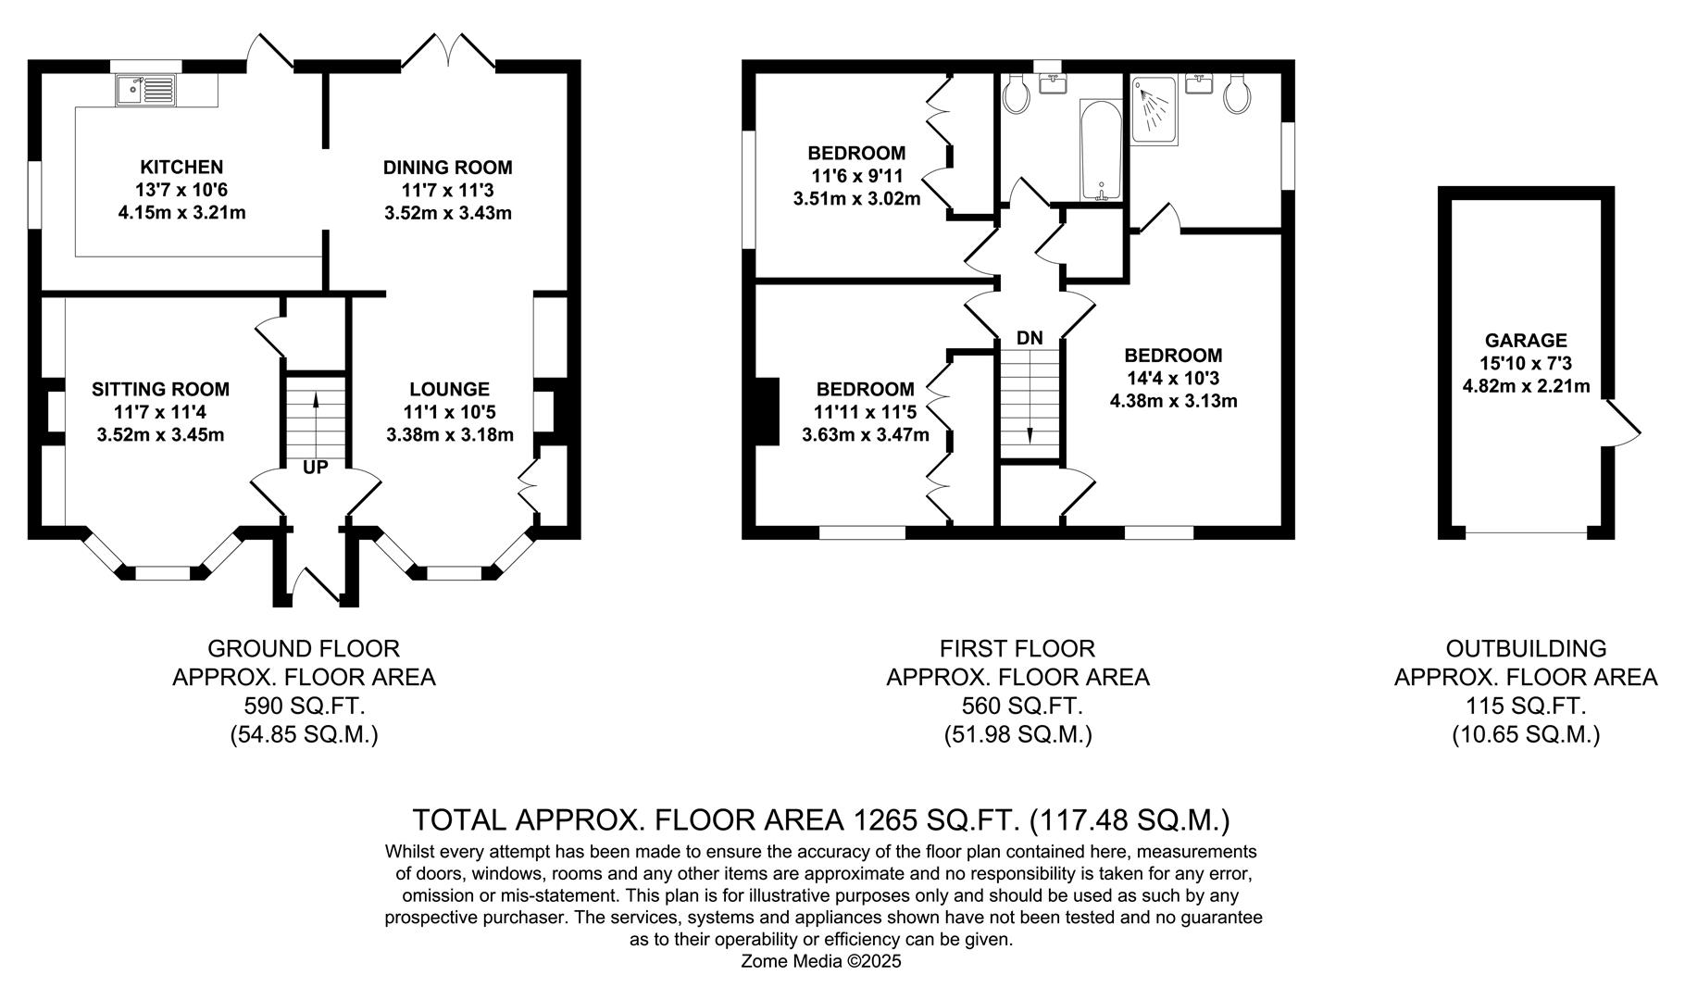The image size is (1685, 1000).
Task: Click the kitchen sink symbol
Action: click(146, 91)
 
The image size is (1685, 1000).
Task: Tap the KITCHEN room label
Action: click(181, 168)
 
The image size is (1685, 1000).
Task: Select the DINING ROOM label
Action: click(448, 168)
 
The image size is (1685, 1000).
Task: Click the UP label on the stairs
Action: click(316, 468)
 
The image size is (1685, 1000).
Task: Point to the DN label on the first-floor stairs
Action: click(1030, 339)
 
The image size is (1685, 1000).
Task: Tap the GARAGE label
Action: click(1526, 341)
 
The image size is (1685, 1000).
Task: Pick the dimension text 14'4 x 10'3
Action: click(1174, 378)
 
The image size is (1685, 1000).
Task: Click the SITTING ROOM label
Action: click(160, 390)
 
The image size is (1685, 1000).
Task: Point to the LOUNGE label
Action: click(450, 390)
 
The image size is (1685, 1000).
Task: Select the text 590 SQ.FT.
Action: click(305, 706)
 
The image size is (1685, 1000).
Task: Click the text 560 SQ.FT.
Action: click(1017, 706)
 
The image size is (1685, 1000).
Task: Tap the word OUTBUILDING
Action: click(1526, 648)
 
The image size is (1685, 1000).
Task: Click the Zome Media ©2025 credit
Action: click(821, 961)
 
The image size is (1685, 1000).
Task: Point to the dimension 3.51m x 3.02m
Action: click(857, 198)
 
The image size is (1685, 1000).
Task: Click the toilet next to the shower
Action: click(1236, 95)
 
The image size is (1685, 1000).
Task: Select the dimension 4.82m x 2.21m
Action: click(1526, 386)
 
